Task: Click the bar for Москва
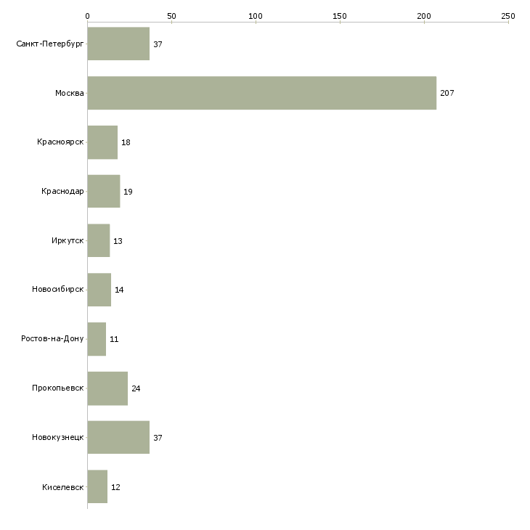(262, 93)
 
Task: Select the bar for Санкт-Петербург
(118, 44)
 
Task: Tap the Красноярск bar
(102, 142)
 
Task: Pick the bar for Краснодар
(104, 192)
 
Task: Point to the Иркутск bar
(99, 240)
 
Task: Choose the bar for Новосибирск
(99, 290)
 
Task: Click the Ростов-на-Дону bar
(97, 339)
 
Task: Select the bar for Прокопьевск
(107, 388)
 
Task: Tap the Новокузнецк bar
(118, 437)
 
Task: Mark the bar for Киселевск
(97, 486)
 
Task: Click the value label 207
(447, 93)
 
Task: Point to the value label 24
(136, 388)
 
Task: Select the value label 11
(114, 339)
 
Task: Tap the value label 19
(128, 192)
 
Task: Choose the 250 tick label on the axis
(508, 16)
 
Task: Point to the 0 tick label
(88, 16)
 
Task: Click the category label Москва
(69, 93)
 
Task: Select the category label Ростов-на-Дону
(52, 338)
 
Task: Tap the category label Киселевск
(63, 487)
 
